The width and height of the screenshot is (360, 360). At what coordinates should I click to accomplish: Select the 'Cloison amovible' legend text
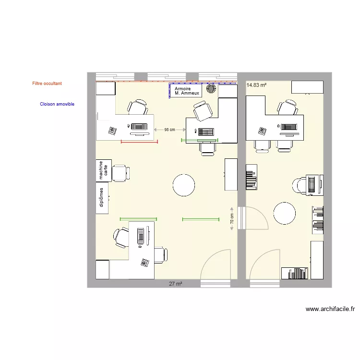click(x=57, y=104)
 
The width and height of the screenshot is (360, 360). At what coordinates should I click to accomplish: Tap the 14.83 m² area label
click(x=256, y=85)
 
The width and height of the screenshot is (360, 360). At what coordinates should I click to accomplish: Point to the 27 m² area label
click(x=175, y=284)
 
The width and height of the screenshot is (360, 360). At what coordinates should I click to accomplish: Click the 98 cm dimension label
click(x=169, y=130)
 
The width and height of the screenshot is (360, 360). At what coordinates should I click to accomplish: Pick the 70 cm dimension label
click(x=232, y=219)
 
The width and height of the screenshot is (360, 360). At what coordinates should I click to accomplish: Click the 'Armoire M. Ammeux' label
click(x=185, y=91)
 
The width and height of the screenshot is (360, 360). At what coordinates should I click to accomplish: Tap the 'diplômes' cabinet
click(x=102, y=198)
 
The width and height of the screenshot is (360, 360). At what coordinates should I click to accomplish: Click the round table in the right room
click(x=284, y=213)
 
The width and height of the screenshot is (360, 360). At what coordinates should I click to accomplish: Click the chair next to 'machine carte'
click(x=120, y=172)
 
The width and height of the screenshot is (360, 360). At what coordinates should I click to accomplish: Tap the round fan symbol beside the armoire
click(x=211, y=88)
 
